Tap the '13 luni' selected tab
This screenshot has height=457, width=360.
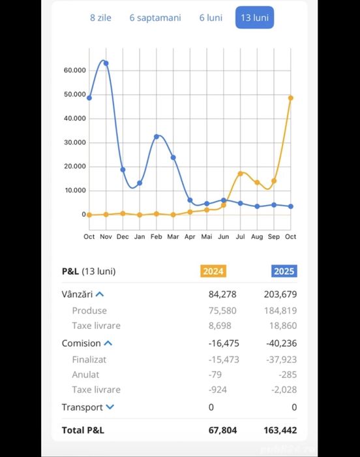pos(254,18)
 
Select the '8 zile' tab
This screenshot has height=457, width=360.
pos(100,18)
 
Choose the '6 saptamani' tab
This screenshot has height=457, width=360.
pos(155,18)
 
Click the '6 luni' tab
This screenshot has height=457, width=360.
pos(211,18)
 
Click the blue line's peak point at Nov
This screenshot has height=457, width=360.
pos(106,63)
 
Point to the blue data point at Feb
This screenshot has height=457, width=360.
pos(157,136)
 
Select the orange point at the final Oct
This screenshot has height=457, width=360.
pos(291,98)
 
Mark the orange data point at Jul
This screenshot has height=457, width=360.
pos(240,174)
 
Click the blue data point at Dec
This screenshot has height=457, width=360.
pos(123,170)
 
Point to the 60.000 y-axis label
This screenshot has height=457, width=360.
pos(75,71)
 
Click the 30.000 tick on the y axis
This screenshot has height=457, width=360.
pos(75,142)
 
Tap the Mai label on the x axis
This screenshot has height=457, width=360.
pos(207,236)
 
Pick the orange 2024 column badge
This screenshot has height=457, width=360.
pos(213,271)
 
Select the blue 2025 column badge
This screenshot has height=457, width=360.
pos(284,271)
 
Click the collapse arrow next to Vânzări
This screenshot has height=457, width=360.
pos(100,294)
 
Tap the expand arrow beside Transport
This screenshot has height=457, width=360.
pos(110,407)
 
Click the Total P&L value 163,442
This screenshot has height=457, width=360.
pos(280,430)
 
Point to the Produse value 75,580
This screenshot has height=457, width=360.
pos(222,311)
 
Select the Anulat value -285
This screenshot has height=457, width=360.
pos(288,375)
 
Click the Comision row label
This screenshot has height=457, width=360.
pos(82,343)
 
